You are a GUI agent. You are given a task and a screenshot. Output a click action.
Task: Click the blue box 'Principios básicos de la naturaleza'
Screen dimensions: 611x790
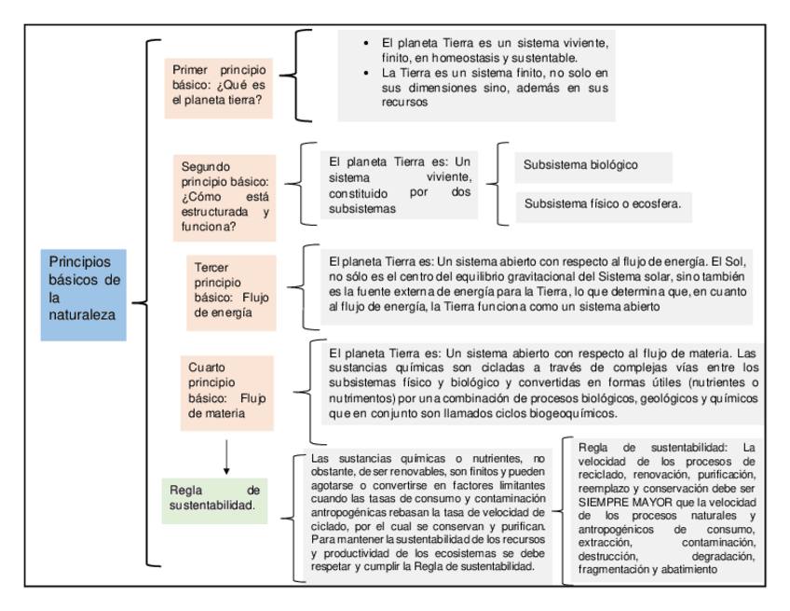(x=83, y=288)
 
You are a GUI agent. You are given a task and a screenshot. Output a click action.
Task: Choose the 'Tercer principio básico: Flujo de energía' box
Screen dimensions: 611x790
(x=229, y=292)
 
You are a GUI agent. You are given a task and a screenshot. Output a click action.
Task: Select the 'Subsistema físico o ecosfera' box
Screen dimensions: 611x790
(x=602, y=202)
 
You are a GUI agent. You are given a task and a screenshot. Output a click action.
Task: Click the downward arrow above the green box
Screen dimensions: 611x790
(x=226, y=456)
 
